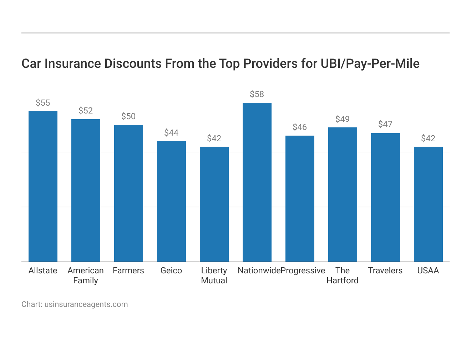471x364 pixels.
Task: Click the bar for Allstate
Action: (43, 186)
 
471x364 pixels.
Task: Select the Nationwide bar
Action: (257, 182)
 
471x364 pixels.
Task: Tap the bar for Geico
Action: (171, 202)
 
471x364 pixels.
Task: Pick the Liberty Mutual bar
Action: (214, 204)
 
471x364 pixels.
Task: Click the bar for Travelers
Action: (385, 197)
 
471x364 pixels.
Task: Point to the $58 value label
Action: (257, 94)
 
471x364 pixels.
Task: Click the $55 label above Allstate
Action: (43, 103)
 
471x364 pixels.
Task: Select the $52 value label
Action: (86, 111)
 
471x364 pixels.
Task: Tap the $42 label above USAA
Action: (428, 138)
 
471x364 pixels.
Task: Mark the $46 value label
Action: (300, 127)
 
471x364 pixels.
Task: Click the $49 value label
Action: (343, 119)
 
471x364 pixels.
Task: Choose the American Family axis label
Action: (86, 275)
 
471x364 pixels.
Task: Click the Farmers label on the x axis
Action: (128, 271)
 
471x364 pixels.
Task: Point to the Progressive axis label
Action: (303, 271)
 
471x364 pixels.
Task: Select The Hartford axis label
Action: (343, 275)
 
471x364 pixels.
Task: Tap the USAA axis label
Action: (428, 271)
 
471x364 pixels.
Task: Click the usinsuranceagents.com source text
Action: (86, 304)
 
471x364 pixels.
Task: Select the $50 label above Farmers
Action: (128, 116)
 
